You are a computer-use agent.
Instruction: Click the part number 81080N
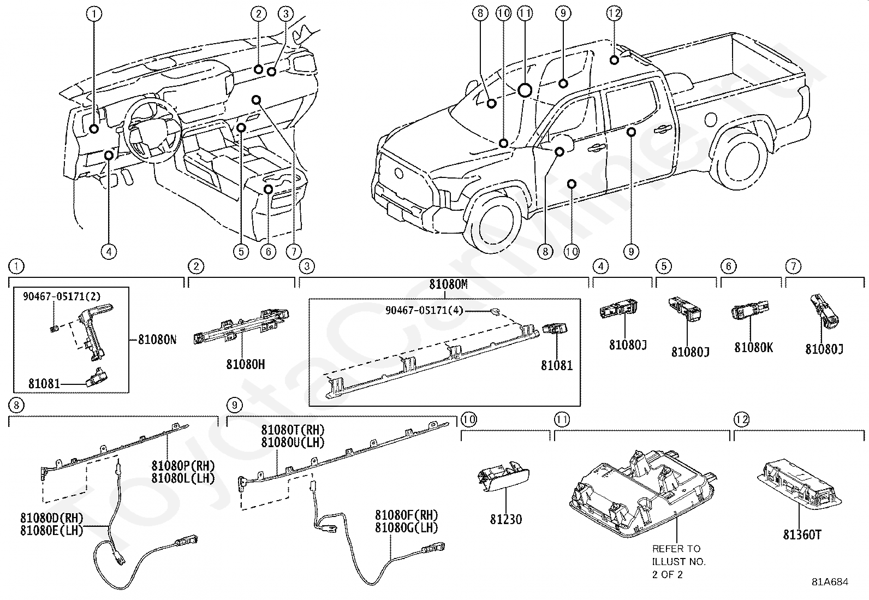tap(157, 340)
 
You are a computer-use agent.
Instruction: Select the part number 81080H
tap(246, 365)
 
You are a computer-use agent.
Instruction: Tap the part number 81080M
tap(448, 284)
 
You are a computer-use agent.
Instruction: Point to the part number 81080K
tap(753, 347)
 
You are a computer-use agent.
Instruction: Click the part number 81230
tap(506, 519)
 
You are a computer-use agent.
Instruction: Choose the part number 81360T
tap(802, 535)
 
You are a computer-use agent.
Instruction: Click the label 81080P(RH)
tap(183, 465)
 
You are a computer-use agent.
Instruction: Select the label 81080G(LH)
tap(407, 528)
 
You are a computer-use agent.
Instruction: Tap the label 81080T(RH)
tap(293, 430)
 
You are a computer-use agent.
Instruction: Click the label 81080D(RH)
tap(52, 518)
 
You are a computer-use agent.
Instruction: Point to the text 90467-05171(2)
tap(62, 296)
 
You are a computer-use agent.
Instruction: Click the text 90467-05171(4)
tap(425, 311)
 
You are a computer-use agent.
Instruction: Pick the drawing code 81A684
tap(830, 582)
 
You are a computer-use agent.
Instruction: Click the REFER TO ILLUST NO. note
tap(679, 561)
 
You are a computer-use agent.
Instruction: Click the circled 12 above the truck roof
tap(614, 14)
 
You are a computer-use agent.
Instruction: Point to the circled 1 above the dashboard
tap(94, 14)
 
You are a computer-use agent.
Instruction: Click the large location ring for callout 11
tap(525, 90)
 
